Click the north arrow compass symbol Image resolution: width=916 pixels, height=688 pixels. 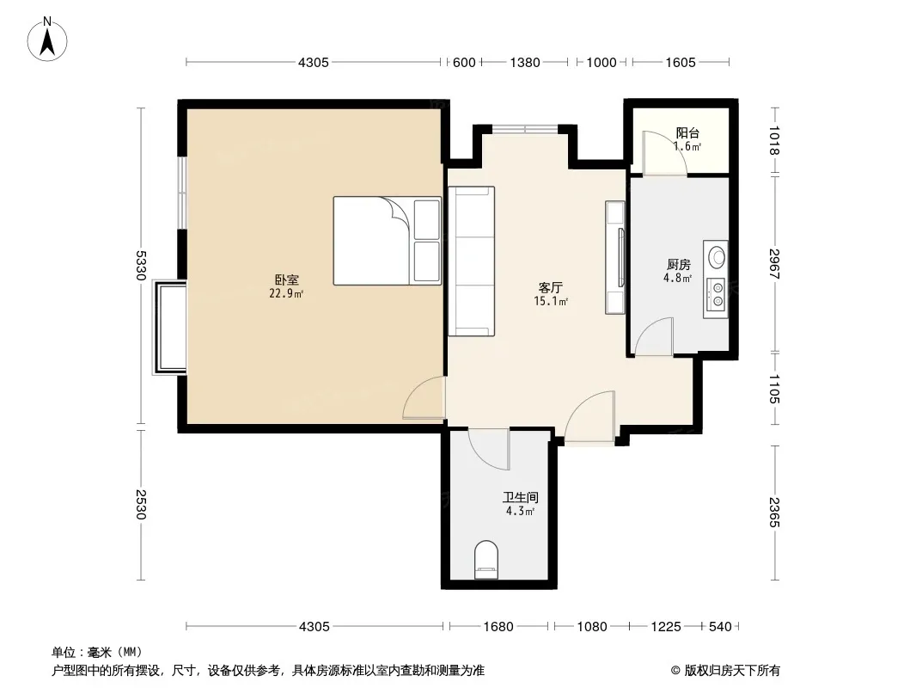[x=47, y=40]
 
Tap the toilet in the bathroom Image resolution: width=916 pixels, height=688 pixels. [x=486, y=560]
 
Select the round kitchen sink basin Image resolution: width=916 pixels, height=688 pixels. [x=717, y=257]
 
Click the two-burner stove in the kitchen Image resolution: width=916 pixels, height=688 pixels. [x=716, y=295]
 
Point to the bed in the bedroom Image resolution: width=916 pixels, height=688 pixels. [x=388, y=241]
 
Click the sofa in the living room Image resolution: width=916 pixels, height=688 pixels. [x=472, y=261]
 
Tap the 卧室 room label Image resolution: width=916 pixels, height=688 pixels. [x=286, y=280]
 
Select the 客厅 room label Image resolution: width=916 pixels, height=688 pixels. [x=550, y=287]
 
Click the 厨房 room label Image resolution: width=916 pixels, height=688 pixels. [x=678, y=265]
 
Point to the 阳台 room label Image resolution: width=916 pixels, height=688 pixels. [x=687, y=132]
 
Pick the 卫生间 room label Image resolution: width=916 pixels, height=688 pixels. [x=521, y=497]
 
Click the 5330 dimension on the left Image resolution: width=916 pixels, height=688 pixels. [x=141, y=266]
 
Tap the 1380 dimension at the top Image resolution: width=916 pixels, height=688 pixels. [x=525, y=63]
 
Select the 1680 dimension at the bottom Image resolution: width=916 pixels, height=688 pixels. [x=498, y=627]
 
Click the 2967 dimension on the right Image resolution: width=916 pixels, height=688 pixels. [x=774, y=264]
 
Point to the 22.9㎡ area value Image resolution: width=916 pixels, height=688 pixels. [x=286, y=293]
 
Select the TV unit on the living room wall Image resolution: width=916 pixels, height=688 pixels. [x=615, y=257]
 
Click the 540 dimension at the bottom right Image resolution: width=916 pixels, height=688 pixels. [x=720, y=627]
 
